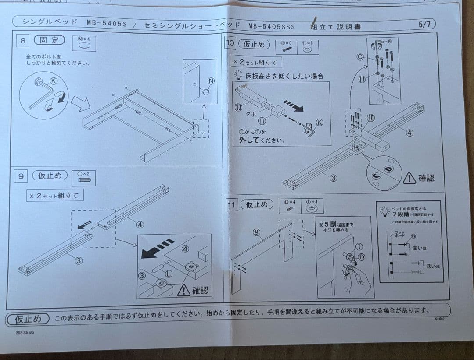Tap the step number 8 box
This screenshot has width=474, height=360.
click(23, 41)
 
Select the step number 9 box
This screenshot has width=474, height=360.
click(21, 176)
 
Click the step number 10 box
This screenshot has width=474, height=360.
click(230, 43)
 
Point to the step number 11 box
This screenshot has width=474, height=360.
click(231, 205)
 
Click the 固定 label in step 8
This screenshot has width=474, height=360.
click(49, 40)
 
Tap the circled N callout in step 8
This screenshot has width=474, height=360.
click(211, 81)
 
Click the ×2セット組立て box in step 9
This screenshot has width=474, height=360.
click(54, 195)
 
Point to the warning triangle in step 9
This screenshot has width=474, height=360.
click(183, 290)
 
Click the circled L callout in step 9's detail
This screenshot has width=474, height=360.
click(169, 274)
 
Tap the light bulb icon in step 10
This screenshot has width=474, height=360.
click(238, 75)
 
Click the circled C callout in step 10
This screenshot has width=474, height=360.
click(360, 57)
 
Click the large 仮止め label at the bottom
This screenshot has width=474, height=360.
click(28, 319)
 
